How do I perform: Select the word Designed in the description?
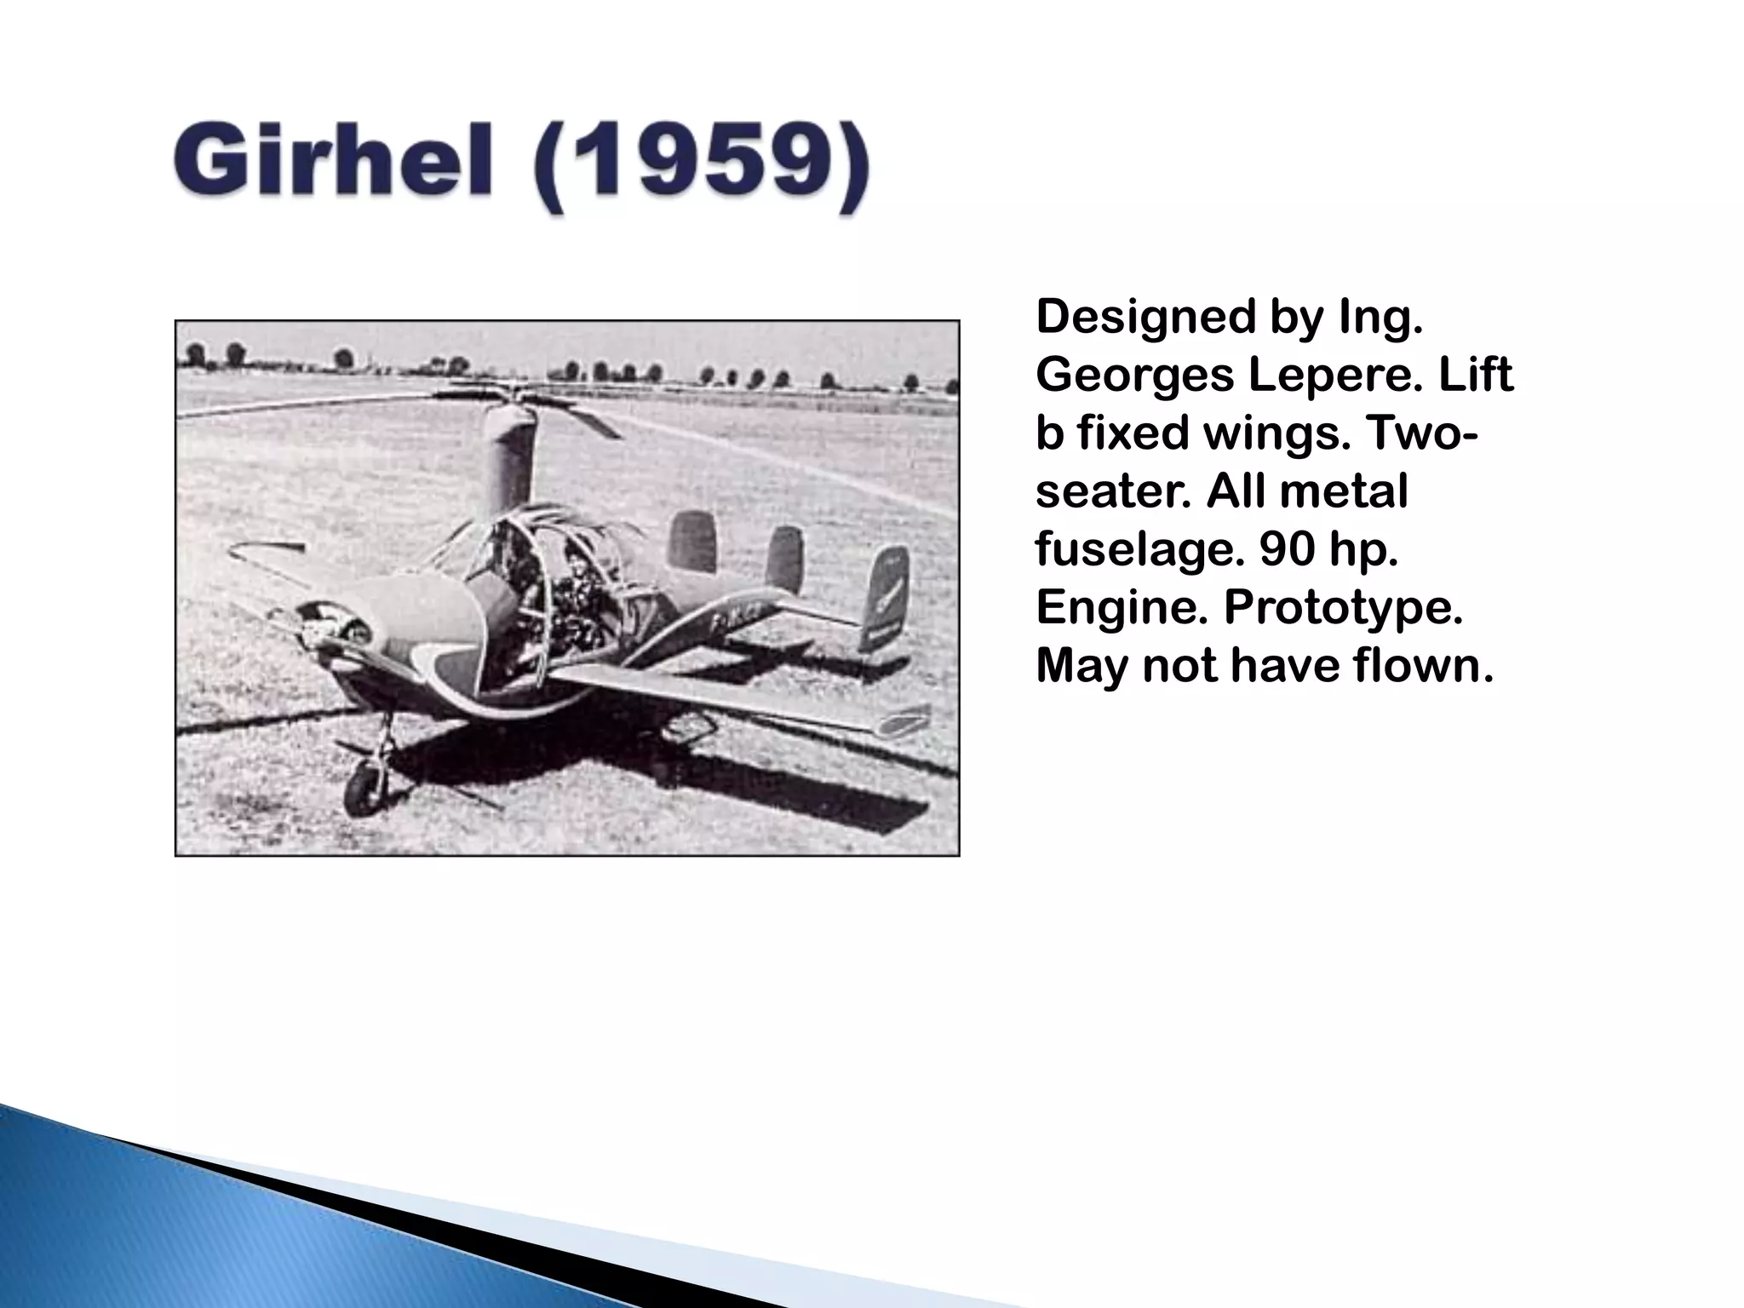tap(1145, 317)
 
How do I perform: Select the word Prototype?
tap(1343, 607)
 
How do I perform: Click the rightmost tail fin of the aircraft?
tap(886, 596)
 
